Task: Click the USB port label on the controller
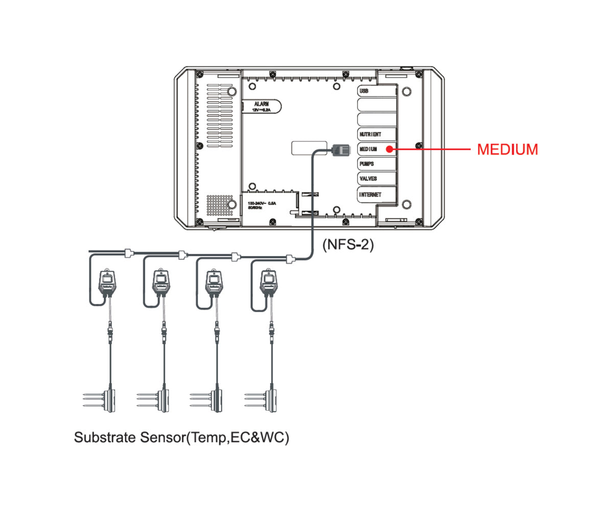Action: (364, 90)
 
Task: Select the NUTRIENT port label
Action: (370, 134)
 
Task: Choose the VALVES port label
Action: (368, 179)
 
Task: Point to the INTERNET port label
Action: (370, 194)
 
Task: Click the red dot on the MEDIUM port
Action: (389, 149)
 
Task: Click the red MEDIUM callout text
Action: (507, 150)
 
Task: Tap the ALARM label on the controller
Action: (261, 104)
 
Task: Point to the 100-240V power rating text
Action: (262, 203)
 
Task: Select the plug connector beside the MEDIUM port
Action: (341, 150)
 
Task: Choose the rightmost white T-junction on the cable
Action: (290, 259)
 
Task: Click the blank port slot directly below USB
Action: (376, 105)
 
